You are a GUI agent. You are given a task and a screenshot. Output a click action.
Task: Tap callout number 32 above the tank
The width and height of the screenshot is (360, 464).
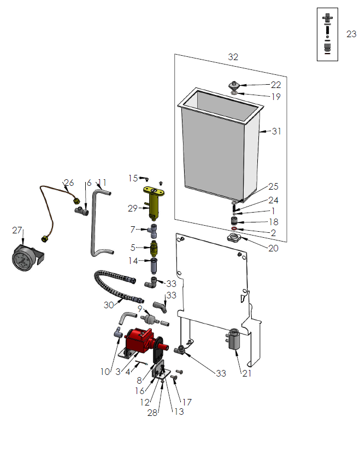[233, 57]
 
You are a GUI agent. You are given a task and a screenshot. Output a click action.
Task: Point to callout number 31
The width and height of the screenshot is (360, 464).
[276, 131]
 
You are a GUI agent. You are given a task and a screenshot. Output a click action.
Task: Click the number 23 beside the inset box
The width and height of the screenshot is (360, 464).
[351, 34]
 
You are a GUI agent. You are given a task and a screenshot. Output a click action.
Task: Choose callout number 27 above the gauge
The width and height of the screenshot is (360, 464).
[17, 231]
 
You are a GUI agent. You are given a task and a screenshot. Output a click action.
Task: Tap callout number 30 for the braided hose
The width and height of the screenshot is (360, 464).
[109, 305]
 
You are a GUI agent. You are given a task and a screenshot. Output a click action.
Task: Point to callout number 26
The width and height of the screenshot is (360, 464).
[69, 183]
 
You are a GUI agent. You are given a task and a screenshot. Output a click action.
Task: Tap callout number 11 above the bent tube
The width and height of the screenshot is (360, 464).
[102, 183]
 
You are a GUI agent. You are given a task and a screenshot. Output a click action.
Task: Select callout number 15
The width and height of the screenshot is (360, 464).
[133, 178]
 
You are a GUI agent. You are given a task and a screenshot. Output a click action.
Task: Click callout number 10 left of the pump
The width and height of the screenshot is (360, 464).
[105, 372]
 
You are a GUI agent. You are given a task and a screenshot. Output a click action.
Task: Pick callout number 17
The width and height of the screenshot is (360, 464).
[186, 402]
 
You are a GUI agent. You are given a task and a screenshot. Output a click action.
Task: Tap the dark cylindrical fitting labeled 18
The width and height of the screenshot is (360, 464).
[234, 221]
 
